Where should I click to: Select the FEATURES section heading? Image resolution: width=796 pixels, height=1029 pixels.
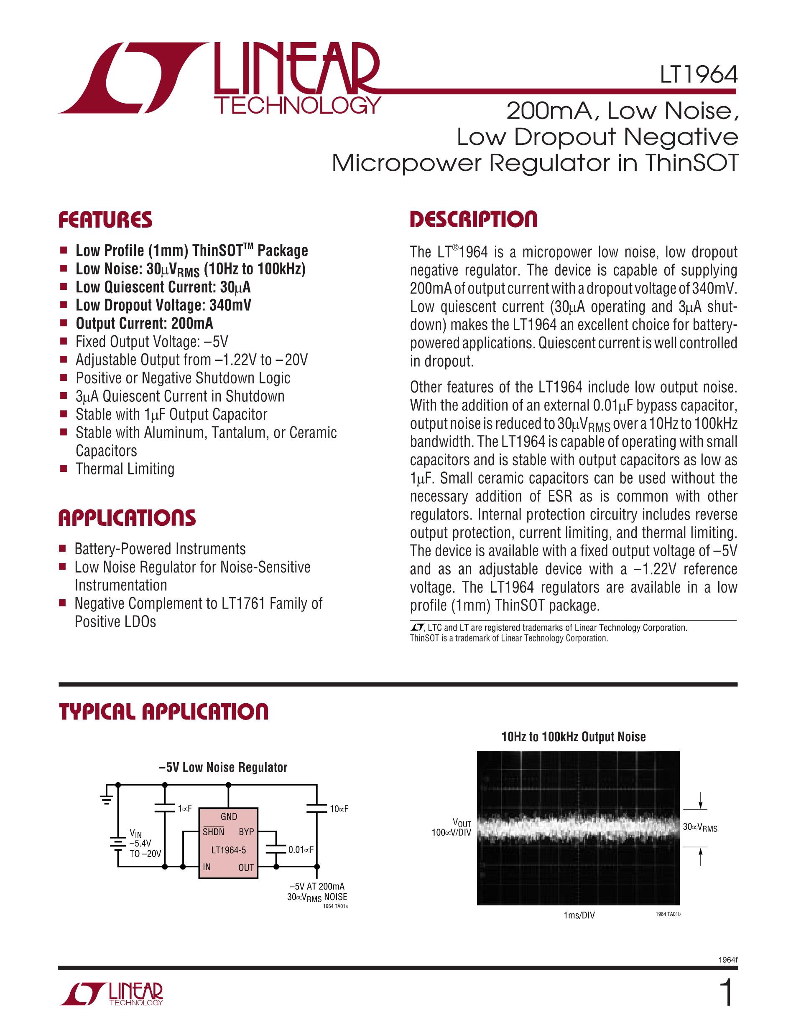[x=105, y=220]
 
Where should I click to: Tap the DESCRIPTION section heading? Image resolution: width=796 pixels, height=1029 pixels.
[x=473, y=220]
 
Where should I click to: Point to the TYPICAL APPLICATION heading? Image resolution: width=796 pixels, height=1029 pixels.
[x=163, y=712]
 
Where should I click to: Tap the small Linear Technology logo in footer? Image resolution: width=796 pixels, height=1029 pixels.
[x=112, y=995]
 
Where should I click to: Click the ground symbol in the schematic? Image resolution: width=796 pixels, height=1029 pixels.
[x=107, y=798]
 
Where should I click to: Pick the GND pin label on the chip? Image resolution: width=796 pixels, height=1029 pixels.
[x=229, y=816]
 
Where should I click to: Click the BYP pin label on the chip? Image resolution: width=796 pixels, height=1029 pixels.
[x=246, y=832]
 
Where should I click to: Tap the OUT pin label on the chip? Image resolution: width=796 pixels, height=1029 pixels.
[x=246, y=867]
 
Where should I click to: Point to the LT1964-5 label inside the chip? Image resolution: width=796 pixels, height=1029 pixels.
[x=228, y=850]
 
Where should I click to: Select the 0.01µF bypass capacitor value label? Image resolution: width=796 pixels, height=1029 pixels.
[x=301, y=849]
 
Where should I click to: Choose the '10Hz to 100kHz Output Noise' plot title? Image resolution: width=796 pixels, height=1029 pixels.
[x=574, y=737]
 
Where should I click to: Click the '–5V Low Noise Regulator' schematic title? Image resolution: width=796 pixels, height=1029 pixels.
[x=223, y=768]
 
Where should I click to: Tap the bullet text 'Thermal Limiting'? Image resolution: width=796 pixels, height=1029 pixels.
[x=125, y=469]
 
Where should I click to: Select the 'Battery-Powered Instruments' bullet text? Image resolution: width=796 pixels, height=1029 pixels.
[x=160, y=549]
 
